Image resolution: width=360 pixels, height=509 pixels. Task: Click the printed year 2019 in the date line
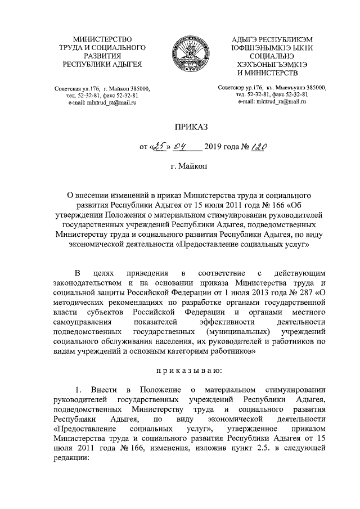click(217, 148)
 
